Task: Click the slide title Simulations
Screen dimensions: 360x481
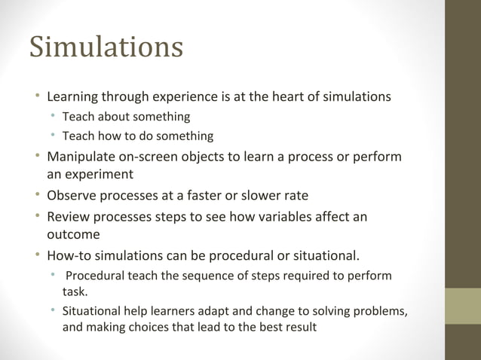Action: tap(106, 47)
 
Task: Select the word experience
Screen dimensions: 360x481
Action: tap(186, 96)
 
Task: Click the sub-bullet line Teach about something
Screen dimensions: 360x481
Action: tap(125, 117)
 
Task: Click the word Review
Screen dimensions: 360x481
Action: tap(68, 217)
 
